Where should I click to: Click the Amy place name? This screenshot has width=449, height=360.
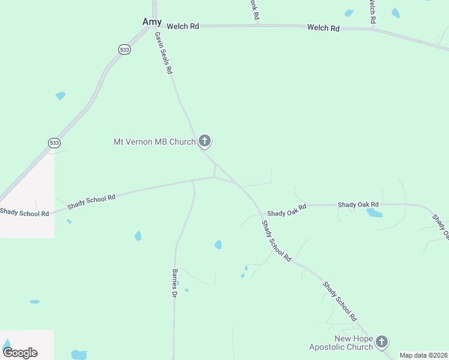click(152, 22)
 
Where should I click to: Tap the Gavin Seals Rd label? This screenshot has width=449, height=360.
click(164, 52)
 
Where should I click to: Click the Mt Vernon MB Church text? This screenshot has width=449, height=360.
click(154, 142)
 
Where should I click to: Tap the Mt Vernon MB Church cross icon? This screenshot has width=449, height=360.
click(205, 142)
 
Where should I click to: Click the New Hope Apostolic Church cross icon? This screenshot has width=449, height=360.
click(382, 342)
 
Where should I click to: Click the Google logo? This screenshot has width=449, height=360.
click(20, 353)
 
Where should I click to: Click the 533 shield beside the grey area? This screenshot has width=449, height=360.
click(54, 142)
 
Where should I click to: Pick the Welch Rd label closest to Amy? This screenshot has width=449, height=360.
click(182, 26)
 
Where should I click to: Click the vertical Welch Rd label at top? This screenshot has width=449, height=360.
click(372, 12)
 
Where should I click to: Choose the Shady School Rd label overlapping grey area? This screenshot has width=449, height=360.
click(25, 212)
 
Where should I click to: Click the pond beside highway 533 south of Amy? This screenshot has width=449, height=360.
click(60, 95)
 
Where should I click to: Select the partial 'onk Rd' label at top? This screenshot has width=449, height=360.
click(254, 10)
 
